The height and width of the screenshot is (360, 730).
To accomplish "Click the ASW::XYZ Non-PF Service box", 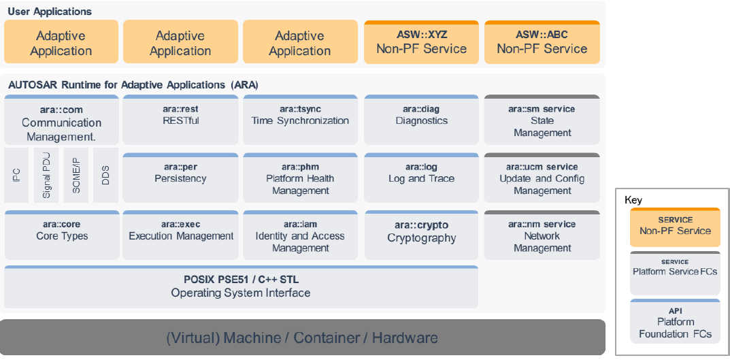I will (421, 42).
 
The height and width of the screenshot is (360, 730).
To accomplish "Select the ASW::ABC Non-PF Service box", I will (542, 42).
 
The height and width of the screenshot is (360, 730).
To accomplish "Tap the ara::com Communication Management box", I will (61, 120).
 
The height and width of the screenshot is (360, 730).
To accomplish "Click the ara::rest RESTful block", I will (180, 120).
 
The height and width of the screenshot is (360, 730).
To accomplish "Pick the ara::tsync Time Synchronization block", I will (300, 120).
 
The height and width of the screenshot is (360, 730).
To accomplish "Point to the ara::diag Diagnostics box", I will (421, 120).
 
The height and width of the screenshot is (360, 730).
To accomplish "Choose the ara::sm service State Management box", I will (542, 120).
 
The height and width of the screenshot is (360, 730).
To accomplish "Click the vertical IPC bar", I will (16, 176).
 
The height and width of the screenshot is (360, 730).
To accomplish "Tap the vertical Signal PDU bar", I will (46, 176).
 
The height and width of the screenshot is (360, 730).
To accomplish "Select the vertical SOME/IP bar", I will (76, 176).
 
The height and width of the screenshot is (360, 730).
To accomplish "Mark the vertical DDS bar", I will (105, 176).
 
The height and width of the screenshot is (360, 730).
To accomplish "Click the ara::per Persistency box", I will (180, 178).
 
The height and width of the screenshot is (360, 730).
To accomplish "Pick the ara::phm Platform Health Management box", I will (300, 178).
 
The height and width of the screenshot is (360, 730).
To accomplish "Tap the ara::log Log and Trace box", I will (421, 178).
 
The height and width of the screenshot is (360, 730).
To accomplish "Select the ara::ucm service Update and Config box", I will (542, 178).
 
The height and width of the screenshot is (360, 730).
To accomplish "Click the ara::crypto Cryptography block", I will (421, 235).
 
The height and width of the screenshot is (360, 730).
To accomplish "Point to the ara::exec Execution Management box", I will (180, 235).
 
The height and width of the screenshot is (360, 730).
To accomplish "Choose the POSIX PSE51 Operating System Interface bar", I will (241, 287).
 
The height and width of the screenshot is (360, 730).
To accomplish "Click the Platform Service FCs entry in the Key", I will (674, 272).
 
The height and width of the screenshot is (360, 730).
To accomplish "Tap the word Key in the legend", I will (633, 200).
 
